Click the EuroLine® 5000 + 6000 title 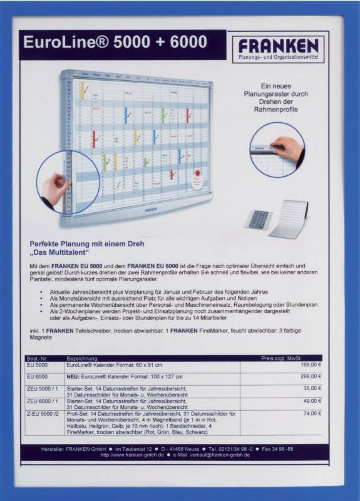[x=115, y=43]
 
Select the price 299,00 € [x=311, y=376]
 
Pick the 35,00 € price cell [x=312, y=388]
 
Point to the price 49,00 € [x=312, y=401]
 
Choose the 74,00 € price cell [x=312, y=413]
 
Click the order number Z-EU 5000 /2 [x=43, y=413]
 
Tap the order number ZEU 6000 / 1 [x=43, y=401]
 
